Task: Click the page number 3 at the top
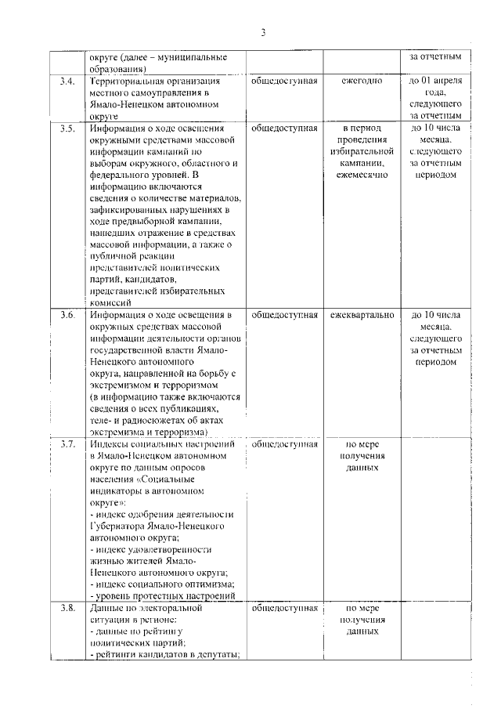click(264, 32)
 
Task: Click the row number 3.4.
click(68, 81)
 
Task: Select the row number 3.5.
click(68, 127)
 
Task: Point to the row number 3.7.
click(68, 444)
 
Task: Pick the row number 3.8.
click(68, 608)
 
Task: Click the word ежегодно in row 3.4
click(362, 81)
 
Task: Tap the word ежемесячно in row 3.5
click(362, 174)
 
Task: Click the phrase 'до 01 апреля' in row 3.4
click(435, 81)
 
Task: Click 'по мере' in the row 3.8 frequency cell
click(362, 608)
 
